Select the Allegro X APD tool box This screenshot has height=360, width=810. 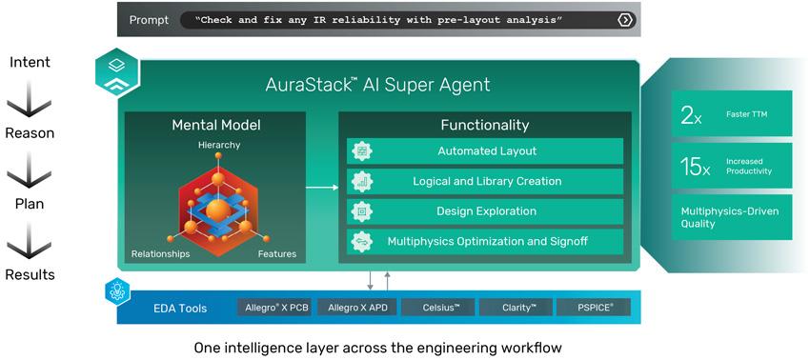tap(357, 308)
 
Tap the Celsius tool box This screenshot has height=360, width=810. tap(440, 308)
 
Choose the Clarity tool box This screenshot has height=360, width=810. tap(517, 308)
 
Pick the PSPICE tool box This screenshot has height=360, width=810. tap(594, 308)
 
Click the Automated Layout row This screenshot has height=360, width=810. tap(485, 151)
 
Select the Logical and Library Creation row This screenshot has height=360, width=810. tap(485, 181)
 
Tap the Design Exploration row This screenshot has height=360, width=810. tap(485, 211)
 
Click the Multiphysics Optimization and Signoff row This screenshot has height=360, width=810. tap(485, 241)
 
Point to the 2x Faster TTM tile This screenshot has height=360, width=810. tap(732, 113)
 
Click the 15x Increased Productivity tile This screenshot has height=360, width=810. tap(732, 166)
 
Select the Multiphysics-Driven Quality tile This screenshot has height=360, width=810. tap(732, 217)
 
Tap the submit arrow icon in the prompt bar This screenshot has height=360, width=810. tap(624, 20)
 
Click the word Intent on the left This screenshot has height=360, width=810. tap(30, 63)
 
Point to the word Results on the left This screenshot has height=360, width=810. tap(30, 275)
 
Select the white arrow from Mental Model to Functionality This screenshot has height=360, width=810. tap(322, 187)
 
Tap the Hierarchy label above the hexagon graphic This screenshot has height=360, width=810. tap(219, 145)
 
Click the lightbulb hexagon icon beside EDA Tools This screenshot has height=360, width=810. tap(118, 290)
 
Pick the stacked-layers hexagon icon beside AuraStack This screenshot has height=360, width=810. tap(118, 72)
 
